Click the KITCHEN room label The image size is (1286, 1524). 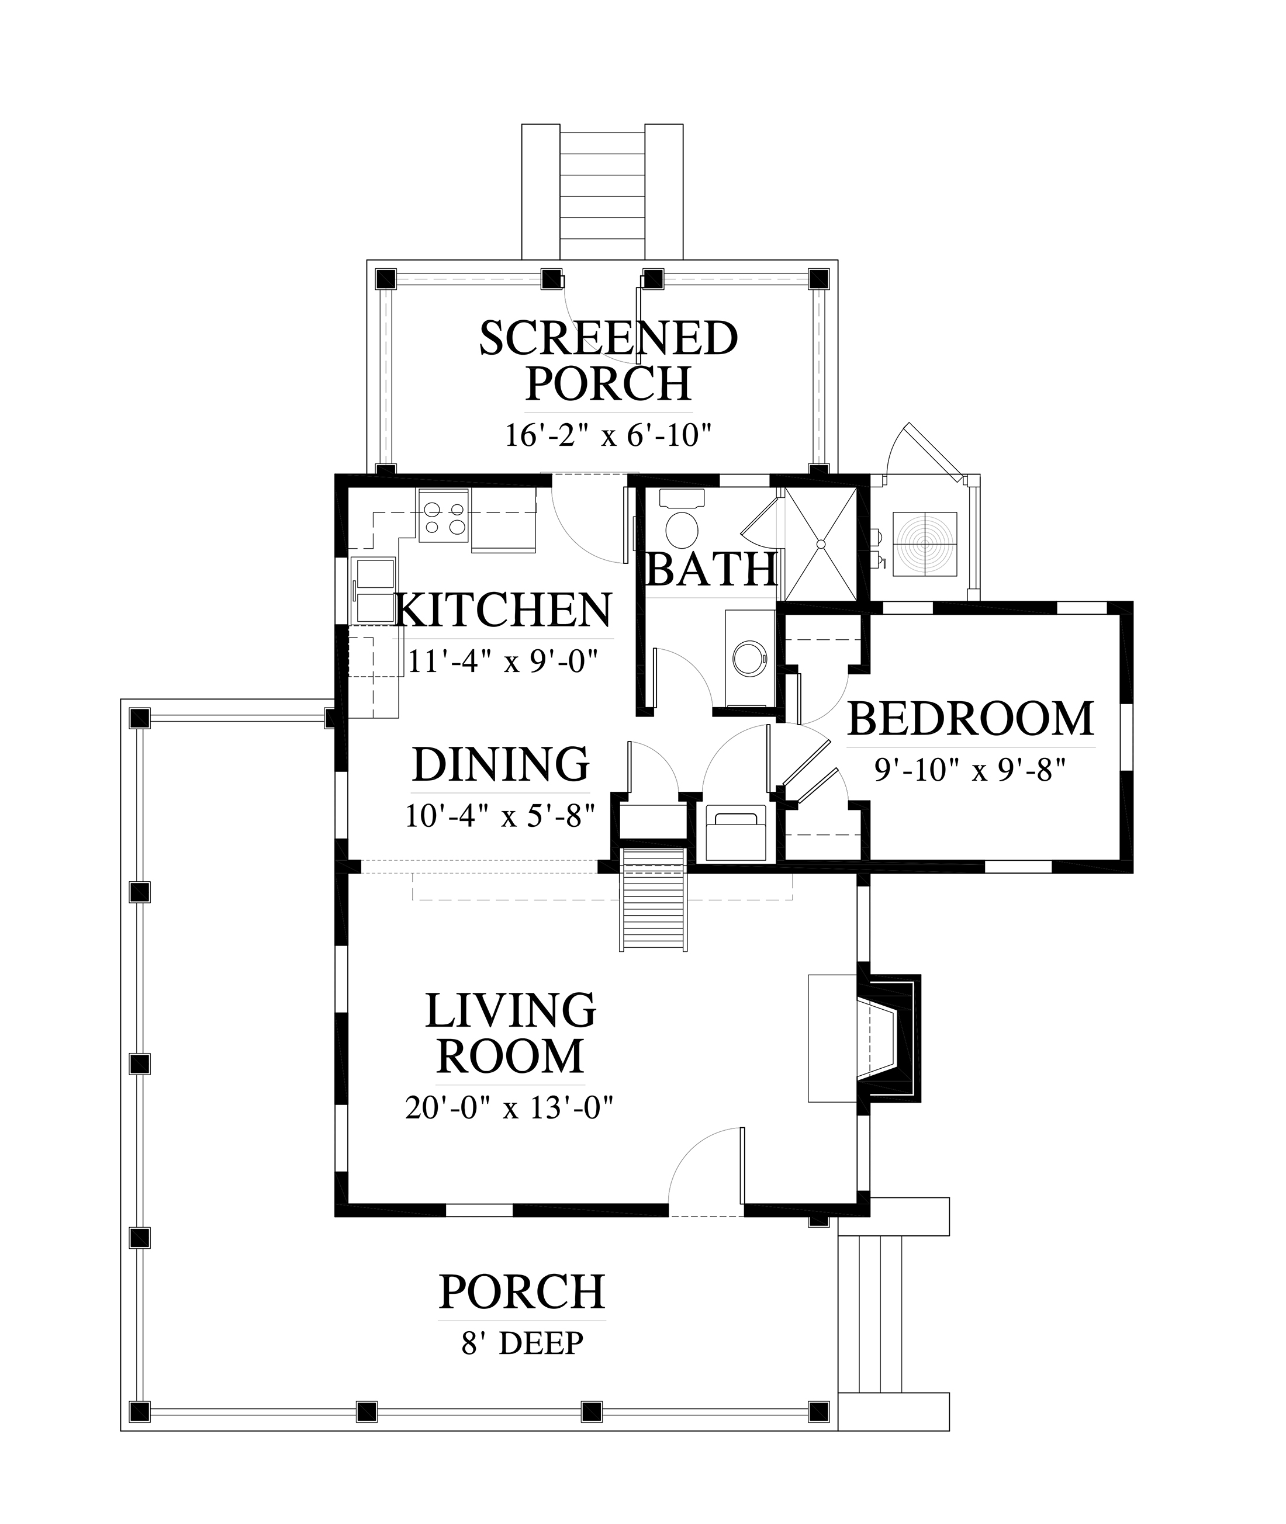pos(503,611)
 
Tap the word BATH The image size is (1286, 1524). pos(711,570)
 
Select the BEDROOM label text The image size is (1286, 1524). pos(970,719)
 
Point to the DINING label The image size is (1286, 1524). pos(501,764)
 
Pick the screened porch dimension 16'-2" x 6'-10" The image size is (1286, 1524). pos(608,436)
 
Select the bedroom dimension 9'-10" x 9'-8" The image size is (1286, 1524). pos(970,770)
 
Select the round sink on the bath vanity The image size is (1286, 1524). pos(749,658)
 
